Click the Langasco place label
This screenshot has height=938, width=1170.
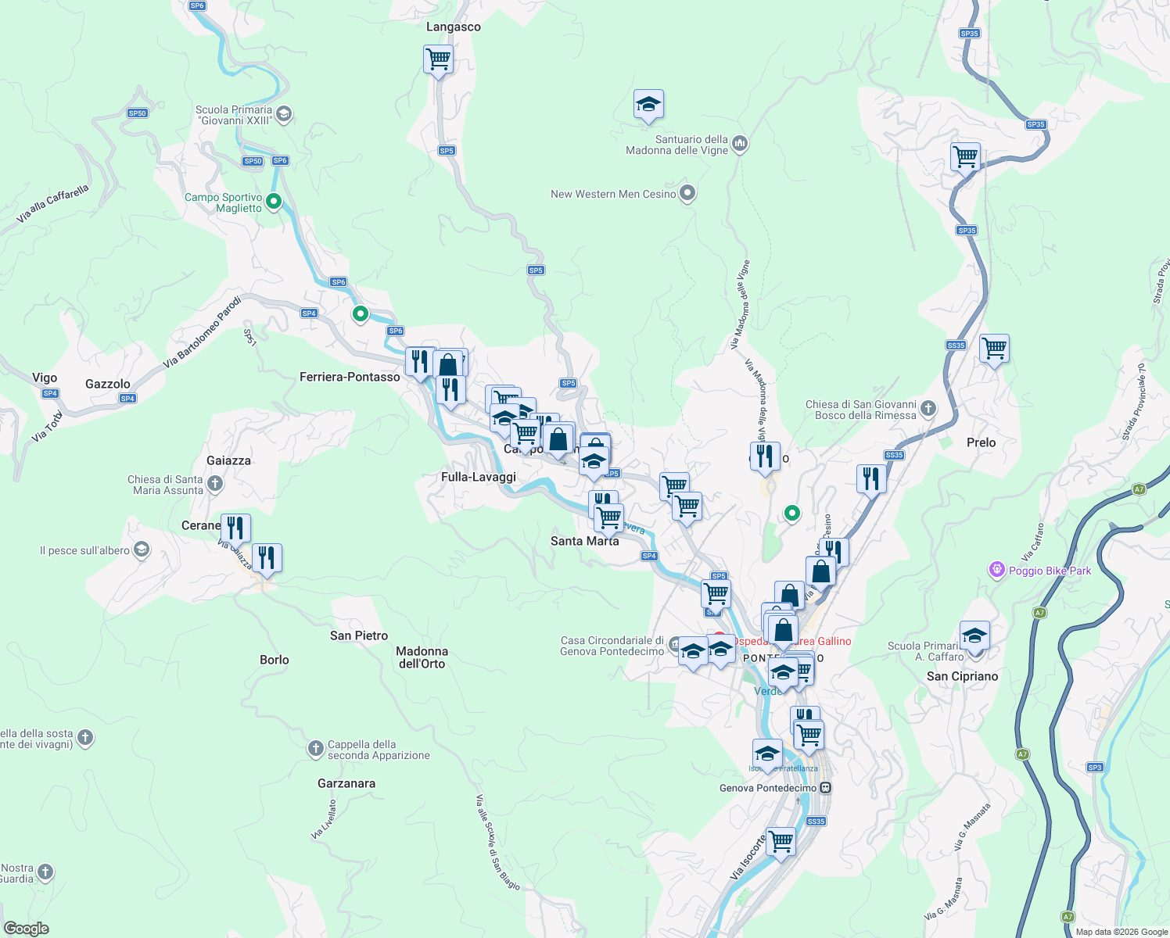tap(453, 27)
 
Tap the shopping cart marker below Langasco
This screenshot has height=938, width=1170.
tap(438, 59)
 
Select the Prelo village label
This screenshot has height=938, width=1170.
tap(981, 442)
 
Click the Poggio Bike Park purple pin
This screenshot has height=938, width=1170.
tap(996, 570)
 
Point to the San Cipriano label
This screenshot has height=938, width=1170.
tap(962, 676)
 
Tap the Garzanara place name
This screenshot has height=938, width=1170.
tap(346, 783)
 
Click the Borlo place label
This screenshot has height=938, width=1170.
tap(274, 660)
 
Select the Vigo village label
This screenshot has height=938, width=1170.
tap(45, 378)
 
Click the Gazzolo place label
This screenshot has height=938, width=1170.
tap(108, 384)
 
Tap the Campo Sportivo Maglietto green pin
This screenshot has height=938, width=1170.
tap(274, 201)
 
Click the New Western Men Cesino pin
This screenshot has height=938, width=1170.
tap(687, 192)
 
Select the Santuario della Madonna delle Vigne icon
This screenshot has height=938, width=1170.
tap(740, 143)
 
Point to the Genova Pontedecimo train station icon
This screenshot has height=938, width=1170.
tap(825, 788)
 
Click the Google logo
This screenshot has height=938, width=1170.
tap(26, 929)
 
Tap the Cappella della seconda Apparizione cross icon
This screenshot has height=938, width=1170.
tap(315, 749)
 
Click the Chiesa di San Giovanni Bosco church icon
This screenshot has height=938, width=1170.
tap(928, 408)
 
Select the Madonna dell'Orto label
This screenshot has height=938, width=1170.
tap(422, 657)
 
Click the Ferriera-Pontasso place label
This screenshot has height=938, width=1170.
tap(350, 377)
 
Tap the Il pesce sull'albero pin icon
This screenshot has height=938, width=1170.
tap(141, 550)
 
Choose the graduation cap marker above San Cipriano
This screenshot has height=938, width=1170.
tap(974, 635)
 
